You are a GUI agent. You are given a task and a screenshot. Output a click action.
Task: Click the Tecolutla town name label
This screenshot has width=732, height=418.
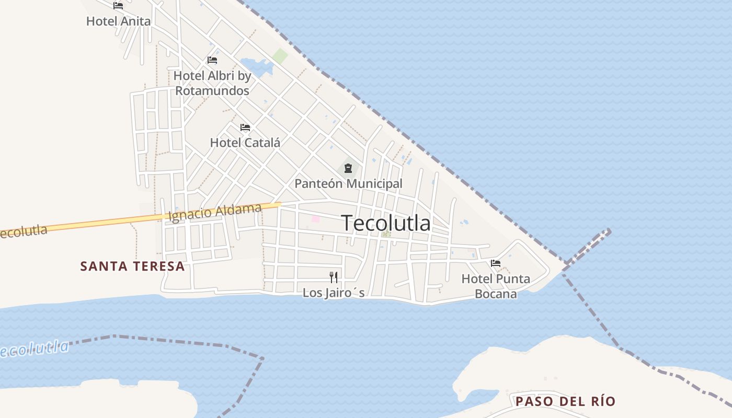pyautogui.click(x=386, y=223)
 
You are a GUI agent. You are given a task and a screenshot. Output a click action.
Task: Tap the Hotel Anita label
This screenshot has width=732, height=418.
pyautogui.click(x=118, y=21)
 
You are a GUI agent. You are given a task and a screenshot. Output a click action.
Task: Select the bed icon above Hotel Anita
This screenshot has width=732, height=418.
pyautogui.click(x=118, y=6)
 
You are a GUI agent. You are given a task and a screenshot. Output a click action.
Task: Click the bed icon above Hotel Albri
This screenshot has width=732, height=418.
pyautogui.click(x=212, y=60)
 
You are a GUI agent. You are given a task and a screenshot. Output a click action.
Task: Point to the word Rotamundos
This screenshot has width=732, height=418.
pyautogui.click(x=212, y=90)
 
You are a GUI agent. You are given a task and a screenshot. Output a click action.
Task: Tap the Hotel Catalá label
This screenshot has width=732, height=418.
pyautogui.click(x=245, y=143)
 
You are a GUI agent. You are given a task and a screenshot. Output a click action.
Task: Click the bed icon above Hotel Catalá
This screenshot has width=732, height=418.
pyautogui.click(x=245, y=127)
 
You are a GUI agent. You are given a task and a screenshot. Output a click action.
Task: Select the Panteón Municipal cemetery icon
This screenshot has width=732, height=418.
pyautogui.click(x=348, y=168)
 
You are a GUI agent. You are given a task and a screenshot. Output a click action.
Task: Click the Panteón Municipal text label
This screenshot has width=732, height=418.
pyautogui.click(x=348, y=184)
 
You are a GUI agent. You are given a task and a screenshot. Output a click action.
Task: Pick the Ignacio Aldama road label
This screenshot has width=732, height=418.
pyautogui.click(x=215, y=212)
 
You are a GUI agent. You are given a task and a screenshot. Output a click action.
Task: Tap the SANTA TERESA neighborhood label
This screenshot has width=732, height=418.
pyautogui.click(x=132, y=266)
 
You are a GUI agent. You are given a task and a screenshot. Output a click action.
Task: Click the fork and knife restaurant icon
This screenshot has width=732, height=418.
pyautogui.click(x=334, y=277)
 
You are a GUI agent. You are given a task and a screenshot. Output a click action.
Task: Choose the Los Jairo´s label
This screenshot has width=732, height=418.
pyautogui.click(x=334, y=293)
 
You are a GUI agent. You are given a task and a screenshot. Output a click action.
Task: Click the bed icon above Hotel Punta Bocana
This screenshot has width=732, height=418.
pyautogui.click(x=496, y=263)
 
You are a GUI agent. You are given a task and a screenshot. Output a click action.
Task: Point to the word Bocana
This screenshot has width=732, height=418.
pyautogui.click(x=496, y=294)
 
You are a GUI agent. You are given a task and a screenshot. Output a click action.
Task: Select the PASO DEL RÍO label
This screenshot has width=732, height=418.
pyautogui.click(x=565, y=402)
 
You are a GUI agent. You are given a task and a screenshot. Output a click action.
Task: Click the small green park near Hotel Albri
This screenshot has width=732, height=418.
pyautogui.click(x=280, y=56)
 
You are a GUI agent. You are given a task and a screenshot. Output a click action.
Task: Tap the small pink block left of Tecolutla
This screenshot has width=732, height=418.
pyautogui.click(x=315, y=219)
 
